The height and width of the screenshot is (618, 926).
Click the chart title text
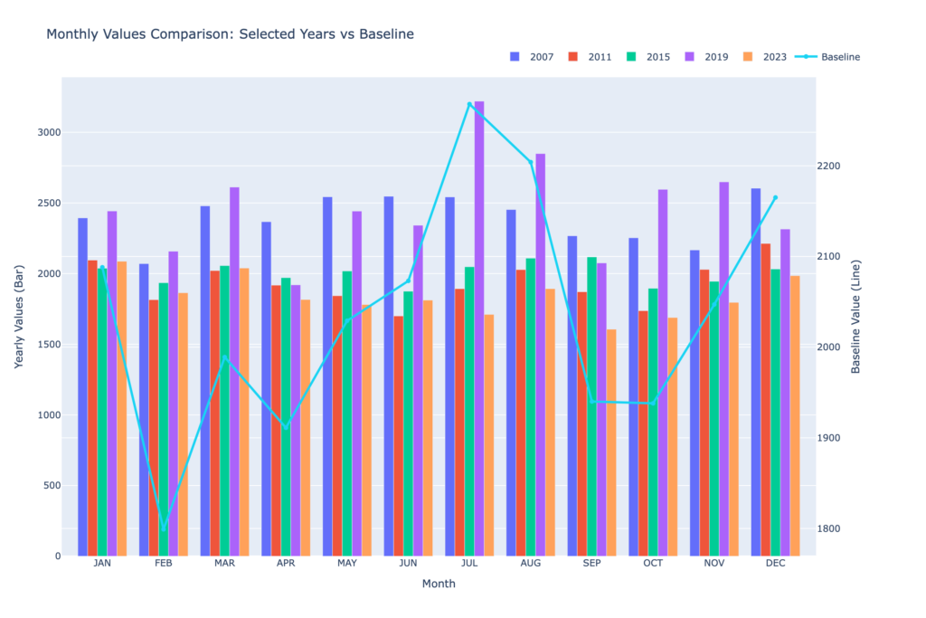tap(230, 34)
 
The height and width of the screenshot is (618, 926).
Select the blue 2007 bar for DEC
tap(756, 371)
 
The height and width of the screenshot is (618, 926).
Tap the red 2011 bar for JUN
tap(398, 435)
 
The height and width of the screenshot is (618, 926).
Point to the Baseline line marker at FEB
tap(164, 528)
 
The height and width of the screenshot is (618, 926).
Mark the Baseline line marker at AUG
tap(531, 162)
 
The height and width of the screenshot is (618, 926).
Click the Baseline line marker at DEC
tap(775, 197)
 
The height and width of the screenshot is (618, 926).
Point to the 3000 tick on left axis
tap(49, 132)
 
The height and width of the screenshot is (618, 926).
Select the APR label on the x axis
tap(286, 563)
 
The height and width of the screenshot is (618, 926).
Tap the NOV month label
tap(714, 563)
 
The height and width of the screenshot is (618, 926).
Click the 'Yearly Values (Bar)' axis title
tap(19, 316)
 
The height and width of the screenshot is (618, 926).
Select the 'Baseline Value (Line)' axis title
tap(855, 316)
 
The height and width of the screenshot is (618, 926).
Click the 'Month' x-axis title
tap(439, 585)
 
